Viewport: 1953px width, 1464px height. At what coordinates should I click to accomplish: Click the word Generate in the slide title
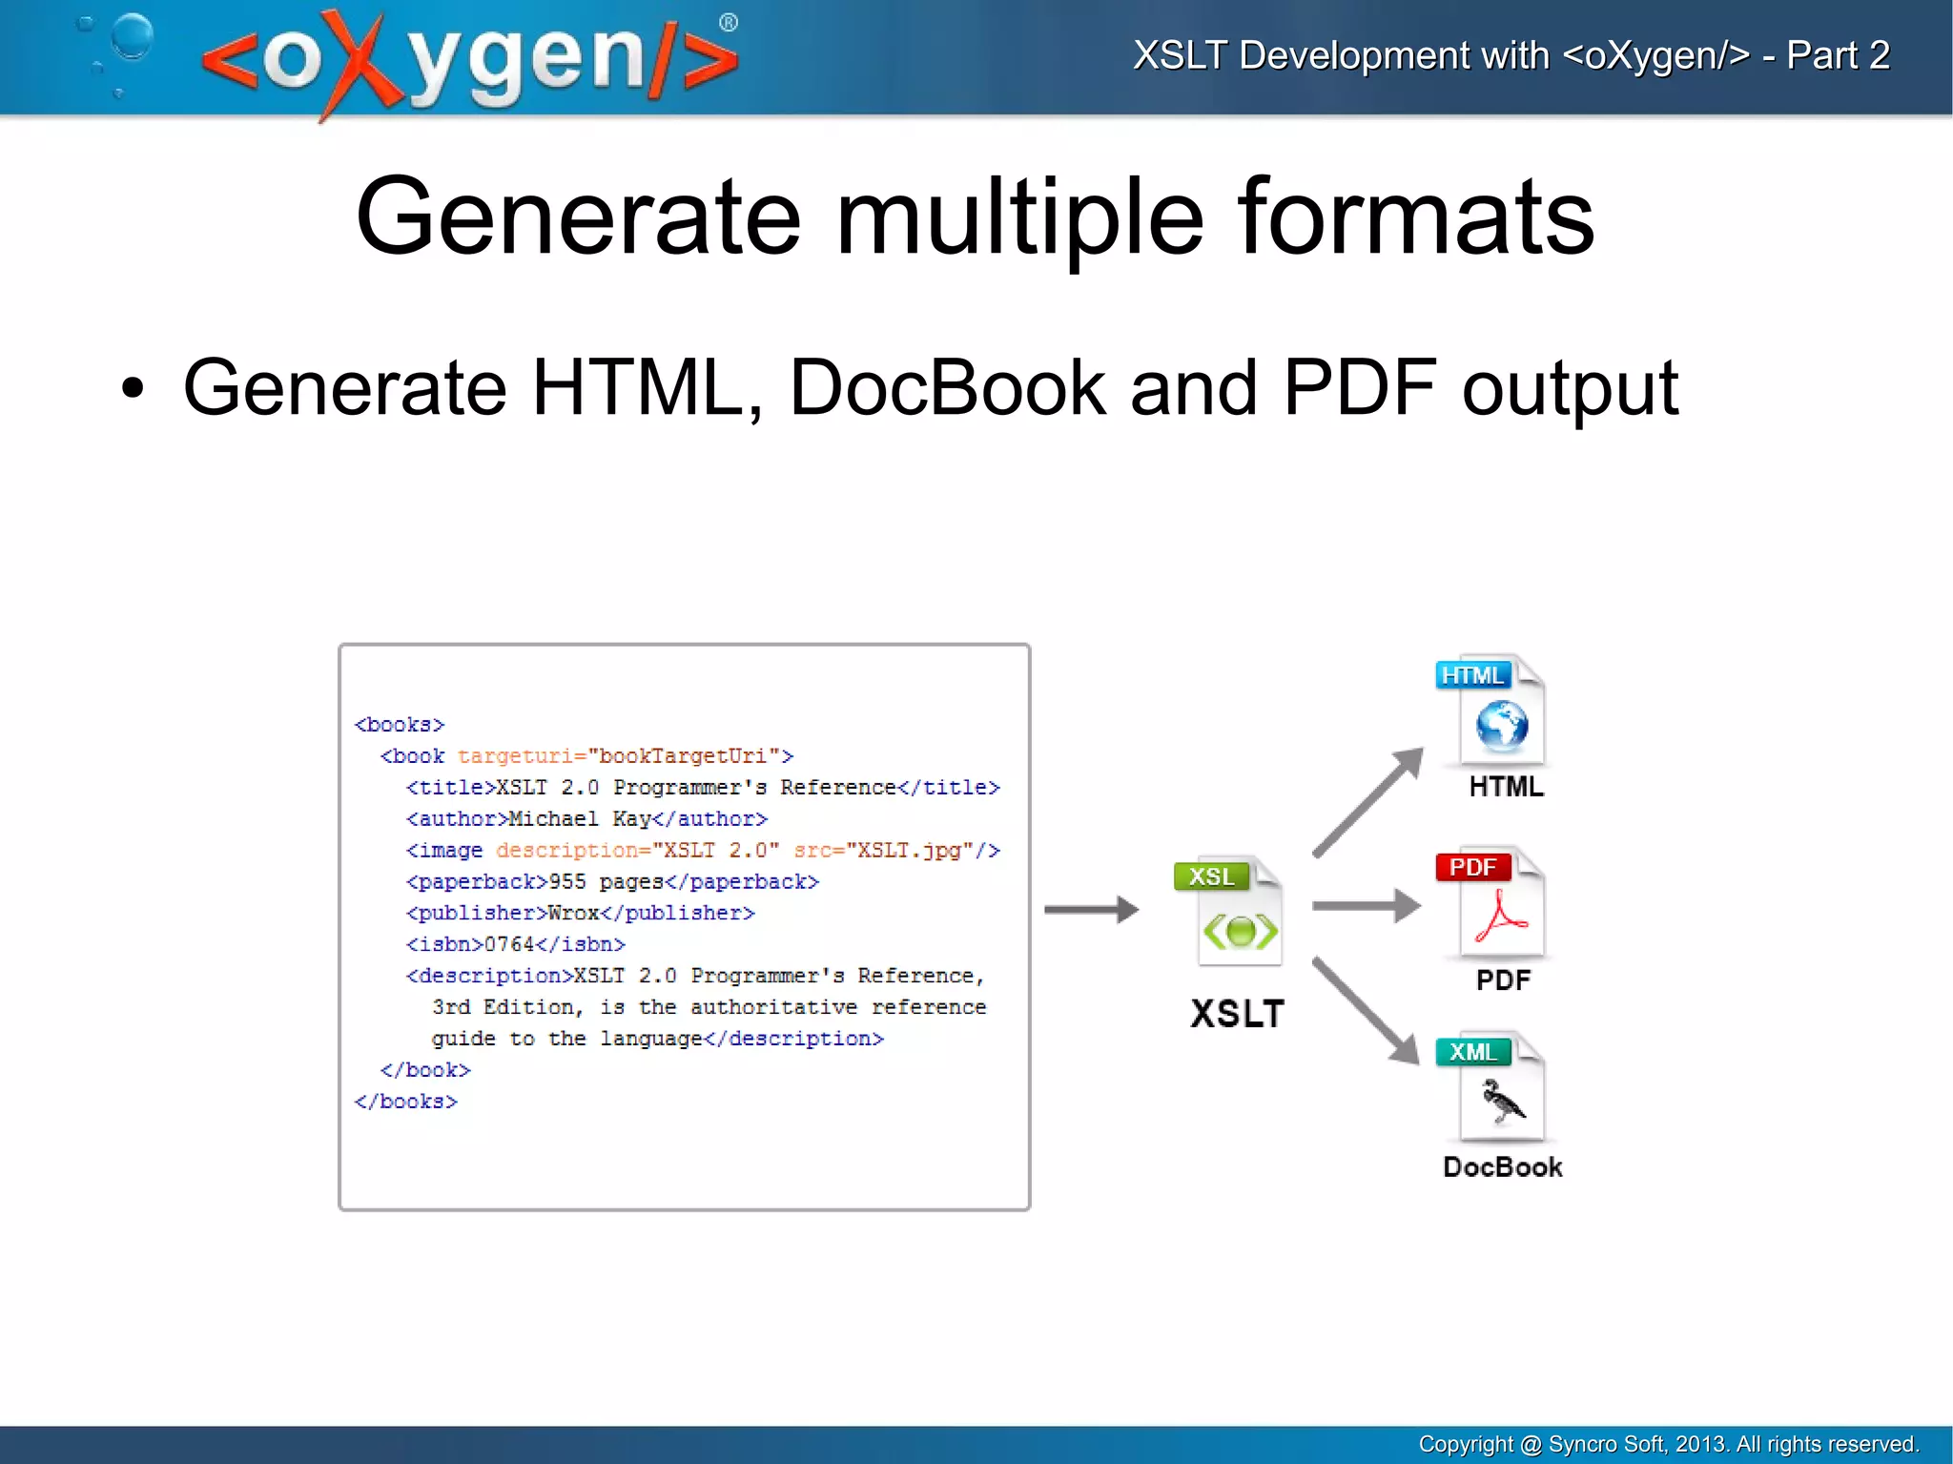click(x=577, y=217)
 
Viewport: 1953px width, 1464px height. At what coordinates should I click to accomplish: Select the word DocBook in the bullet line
click(x=947, y=387)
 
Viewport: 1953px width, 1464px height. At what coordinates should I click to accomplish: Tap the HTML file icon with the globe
click(x=1493, y=711)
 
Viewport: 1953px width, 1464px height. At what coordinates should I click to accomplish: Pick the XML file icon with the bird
click(x=1493, y=1088)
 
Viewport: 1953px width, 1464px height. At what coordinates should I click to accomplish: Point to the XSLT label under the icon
click(x=1237, y=1013)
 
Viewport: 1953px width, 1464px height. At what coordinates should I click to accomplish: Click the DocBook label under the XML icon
click(x=1502, y=1166)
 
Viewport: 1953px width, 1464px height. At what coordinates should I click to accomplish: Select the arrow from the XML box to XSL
click(x=1091, y=909)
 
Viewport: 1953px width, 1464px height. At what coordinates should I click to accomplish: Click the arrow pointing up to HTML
click(x=1367, y=802)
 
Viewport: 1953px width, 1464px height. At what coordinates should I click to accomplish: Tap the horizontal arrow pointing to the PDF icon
click(x=1366, y=905)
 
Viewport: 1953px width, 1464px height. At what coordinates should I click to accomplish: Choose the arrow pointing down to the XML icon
click(x=1366, y=1010)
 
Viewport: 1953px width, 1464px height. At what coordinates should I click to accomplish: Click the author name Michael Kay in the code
click(x=580, y=818)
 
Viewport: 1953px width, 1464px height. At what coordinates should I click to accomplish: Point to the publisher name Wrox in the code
click(x=573, y=913)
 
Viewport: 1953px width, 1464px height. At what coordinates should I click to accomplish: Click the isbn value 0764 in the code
click(x=509, y=944)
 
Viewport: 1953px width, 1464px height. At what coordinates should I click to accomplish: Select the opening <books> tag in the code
click(x=400, y=725)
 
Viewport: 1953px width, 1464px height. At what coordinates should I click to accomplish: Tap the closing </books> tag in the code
click(x=406, y=1102)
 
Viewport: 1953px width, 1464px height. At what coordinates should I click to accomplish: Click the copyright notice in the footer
click(x=1668, y=1444)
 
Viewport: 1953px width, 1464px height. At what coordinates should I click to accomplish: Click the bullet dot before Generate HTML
click(x=133, y=389)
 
